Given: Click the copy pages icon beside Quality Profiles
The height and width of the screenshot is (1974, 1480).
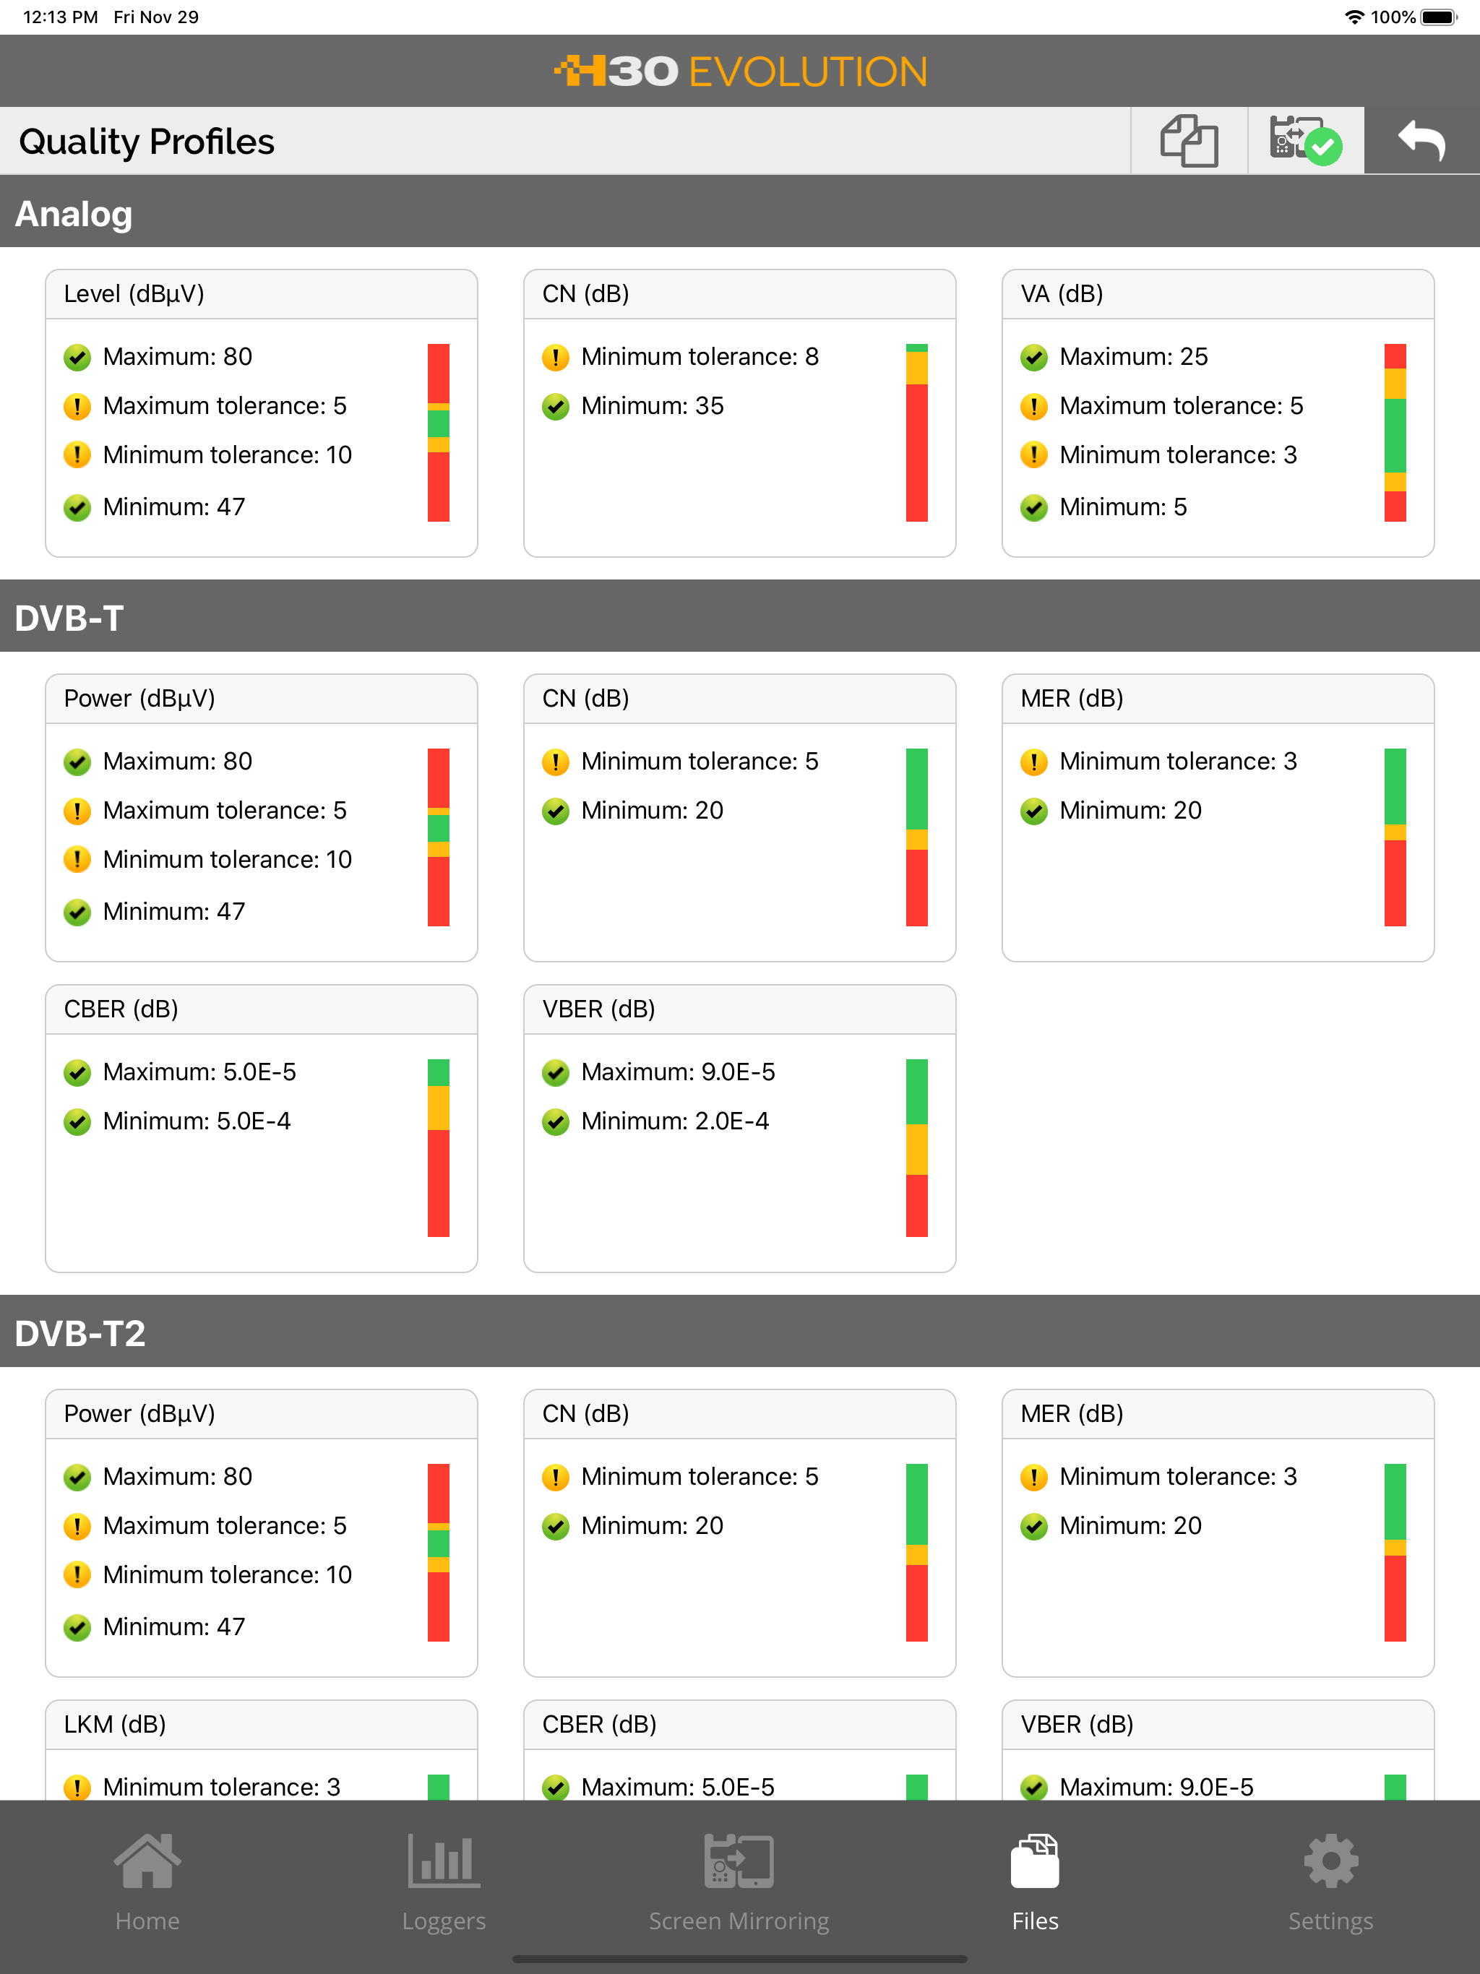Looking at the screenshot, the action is pos(1188,141).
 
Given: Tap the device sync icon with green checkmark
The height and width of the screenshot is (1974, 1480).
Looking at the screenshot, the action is pos(1305,141).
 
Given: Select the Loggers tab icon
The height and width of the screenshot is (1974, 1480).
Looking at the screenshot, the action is pos(444,1861).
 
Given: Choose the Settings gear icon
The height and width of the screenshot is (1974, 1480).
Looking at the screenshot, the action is pos(1331,1861).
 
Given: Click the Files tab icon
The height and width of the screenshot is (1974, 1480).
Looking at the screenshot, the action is pos(1036,1861).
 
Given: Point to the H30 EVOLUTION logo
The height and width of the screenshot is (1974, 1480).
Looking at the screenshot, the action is pos(740,72).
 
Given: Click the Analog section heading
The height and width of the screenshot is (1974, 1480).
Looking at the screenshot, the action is pos(74,214).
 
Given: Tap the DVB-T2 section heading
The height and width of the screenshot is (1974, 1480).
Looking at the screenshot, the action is pos(80,1333).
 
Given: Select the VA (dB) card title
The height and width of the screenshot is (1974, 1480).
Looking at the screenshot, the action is pos(1062,293).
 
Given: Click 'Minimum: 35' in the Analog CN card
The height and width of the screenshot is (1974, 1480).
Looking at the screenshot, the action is pos(653,406).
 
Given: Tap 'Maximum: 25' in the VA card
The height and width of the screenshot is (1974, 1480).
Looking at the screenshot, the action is pos(1134,357).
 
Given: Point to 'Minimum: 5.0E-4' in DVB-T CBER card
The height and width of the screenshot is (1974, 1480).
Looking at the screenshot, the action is pos(197,1121).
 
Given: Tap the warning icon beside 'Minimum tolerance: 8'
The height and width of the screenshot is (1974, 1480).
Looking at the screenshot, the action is pos(555,358).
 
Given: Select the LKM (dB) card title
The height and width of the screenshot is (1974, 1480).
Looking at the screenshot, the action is pos(115,1724).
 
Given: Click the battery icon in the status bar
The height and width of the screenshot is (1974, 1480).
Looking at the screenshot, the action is pos(1439,17).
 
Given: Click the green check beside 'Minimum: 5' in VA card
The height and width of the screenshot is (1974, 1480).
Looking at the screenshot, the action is pos(1033,508).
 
